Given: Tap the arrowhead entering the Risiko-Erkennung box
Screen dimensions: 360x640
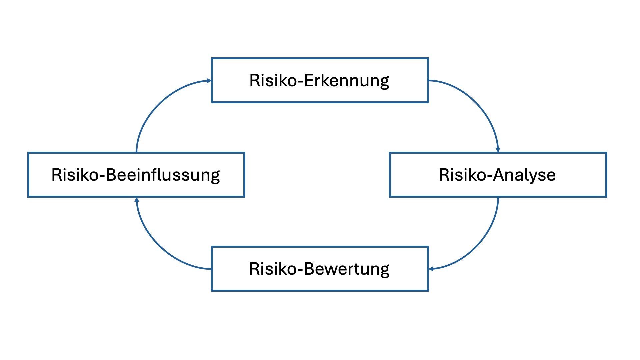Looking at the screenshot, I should tap(209, 81).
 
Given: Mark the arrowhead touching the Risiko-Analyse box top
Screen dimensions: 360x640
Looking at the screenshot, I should tap(498, 150).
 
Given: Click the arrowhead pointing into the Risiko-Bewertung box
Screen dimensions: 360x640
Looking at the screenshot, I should tap(431, 269).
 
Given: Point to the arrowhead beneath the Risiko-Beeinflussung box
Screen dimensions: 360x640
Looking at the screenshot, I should tap(136, 200).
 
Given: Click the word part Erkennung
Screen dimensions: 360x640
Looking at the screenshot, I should tap(347, 81).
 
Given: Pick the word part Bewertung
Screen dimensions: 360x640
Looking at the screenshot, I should tap(347, 269).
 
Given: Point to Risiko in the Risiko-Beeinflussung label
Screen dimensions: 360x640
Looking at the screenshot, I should tap(75, 175).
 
